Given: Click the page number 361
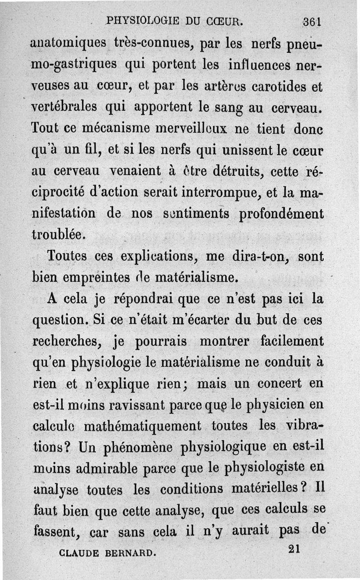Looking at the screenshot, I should tap(311, 22).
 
